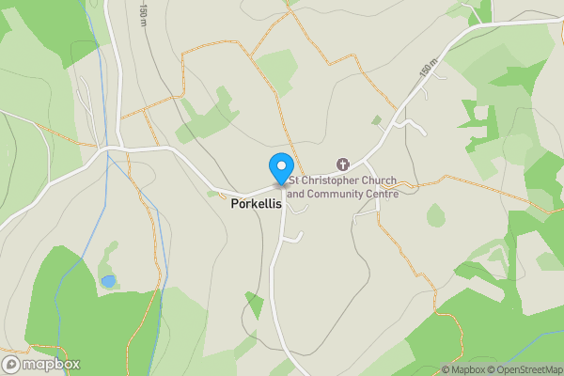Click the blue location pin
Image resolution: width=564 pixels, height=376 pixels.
pos(280,167)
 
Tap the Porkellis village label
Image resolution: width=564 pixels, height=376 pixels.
pos(256,203)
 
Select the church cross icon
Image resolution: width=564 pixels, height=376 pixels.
pos(342,164)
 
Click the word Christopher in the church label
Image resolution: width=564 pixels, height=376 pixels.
pos(331,180)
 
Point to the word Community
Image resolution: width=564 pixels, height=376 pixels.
pos(339,194)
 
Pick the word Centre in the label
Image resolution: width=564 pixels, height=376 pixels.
pos(384,194)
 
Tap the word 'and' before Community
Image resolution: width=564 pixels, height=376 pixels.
pos(296,194)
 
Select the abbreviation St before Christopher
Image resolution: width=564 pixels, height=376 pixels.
pos(295,180)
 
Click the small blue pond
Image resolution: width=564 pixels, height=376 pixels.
pos(109,281)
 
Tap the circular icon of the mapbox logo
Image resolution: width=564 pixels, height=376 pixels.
pos(12,365)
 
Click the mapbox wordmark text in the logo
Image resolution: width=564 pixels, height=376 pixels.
pos(51,365)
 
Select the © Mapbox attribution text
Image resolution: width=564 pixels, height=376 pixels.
pos(463,369)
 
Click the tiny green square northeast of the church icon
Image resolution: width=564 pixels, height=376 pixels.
pos(377,120)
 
